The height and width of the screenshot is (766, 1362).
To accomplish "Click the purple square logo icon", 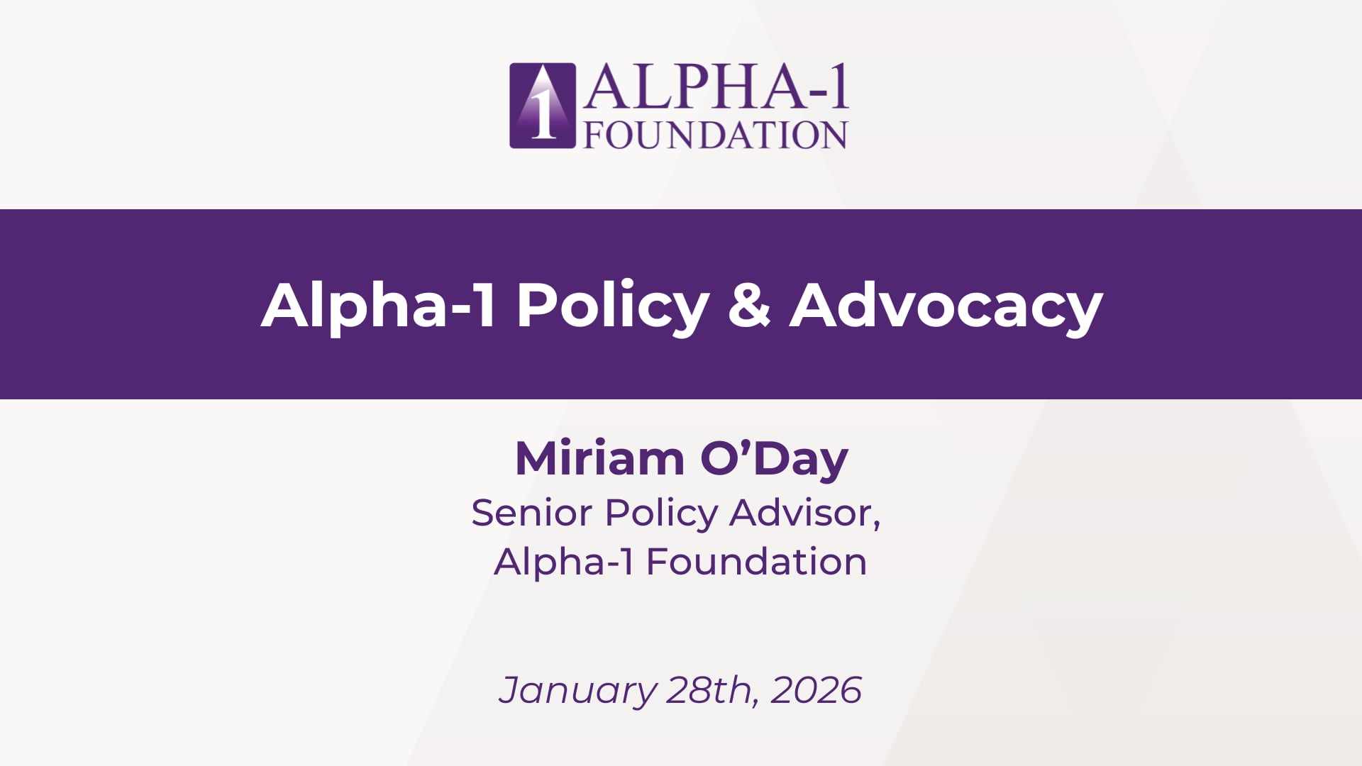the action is pyautogui.click(x=543, y=106).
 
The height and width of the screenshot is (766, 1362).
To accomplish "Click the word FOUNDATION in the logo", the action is pyautogui.click(x=716, y=135).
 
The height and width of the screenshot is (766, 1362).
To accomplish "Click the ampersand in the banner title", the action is pyautogui.click(x=749, y=306).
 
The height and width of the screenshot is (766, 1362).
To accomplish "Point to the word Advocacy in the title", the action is pyautogui.click(x=946, y=306).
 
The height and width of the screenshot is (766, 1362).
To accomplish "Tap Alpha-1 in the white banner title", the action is pyautogui.click(x=379, y=305).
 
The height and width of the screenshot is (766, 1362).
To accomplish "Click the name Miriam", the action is pyautogui.click(x=599, y=458).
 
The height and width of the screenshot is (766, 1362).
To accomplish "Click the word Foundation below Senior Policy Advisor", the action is pyautogui.click(x=756, y=562).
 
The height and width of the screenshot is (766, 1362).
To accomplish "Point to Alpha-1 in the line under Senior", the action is pyautogui.click(x=563, y=562).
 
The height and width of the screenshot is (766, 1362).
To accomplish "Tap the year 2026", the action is pyautogui.click(x=816, y=690).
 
